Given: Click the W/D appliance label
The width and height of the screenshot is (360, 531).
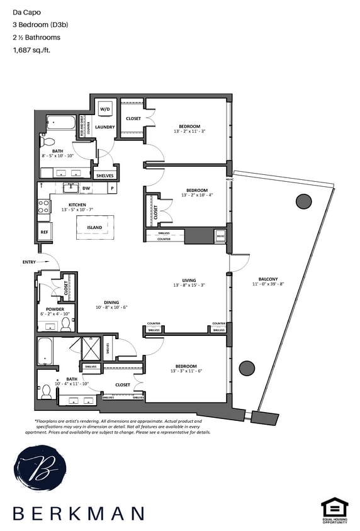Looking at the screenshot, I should click(x=104, y=109).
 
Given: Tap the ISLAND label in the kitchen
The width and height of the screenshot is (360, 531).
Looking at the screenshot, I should click(x=96, y=227).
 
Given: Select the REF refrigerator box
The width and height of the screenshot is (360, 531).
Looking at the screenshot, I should click(x=44, y=232).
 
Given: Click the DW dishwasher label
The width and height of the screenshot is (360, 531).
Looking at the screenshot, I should click(x=86, y=187).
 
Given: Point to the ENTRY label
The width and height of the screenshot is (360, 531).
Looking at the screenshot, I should click(x=29, y=262).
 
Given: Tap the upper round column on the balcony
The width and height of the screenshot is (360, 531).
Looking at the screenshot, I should click(x=303, y=201).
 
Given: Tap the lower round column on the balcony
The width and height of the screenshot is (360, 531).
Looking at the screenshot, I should click(x=247, y=367).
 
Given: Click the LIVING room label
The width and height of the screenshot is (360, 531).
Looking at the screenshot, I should click(x=189, y=280).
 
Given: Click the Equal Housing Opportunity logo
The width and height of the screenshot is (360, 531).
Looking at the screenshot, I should click(x=334, y=510).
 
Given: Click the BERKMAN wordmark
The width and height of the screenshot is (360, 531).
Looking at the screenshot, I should click(x=79, y=513).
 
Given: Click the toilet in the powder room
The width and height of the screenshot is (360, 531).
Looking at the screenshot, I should click(x=65, y=324).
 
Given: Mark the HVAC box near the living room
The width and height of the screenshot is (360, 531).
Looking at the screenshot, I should click(x=220, y=237).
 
